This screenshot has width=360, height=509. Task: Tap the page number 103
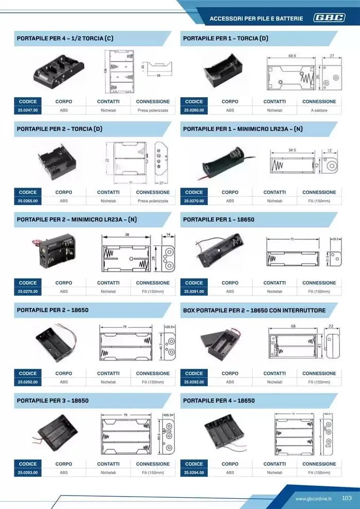click(346, 498)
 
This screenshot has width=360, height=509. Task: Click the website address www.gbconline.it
click(314, 499)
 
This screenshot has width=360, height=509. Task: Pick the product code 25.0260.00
click(194, 111)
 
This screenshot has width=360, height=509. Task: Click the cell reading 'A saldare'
click(319, 111)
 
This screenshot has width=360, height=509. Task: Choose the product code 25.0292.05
click(194, 382)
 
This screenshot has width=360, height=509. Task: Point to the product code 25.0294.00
click(194, 472)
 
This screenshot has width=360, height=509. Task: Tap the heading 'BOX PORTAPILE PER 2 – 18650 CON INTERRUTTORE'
click(254, 311)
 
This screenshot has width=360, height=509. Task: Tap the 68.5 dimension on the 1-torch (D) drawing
click(292, 55)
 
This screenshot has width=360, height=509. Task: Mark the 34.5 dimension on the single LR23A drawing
click(292, 150)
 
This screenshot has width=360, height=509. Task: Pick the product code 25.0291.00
click(194, 292)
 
